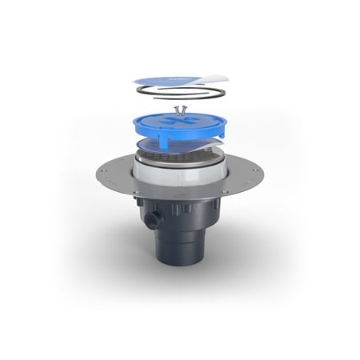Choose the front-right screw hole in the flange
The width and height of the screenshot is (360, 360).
[225, 191]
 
